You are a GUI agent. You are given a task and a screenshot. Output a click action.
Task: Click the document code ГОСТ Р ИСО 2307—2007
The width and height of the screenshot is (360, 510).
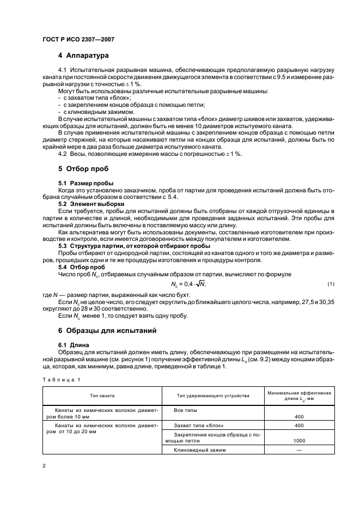[77, 39]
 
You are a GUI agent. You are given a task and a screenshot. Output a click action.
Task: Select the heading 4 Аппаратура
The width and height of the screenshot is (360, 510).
[83, 56]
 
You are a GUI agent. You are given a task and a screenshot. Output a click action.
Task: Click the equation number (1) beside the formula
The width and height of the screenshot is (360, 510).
[331, 284]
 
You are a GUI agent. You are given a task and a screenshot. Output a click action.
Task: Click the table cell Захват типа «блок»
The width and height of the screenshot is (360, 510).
[198, 424]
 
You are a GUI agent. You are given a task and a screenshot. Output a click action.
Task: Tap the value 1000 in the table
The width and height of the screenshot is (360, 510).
[299, 440]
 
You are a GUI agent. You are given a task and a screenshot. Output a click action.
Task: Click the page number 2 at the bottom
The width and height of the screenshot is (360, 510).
[44, 466]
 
